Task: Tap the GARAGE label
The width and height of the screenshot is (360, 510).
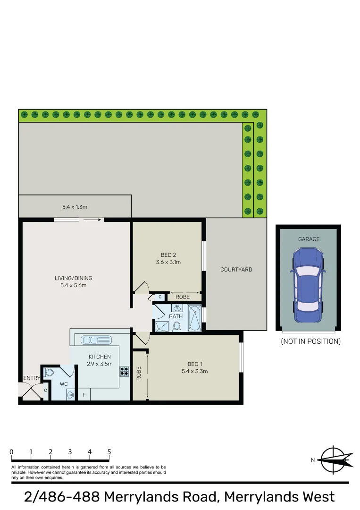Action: click(x=309, y=239)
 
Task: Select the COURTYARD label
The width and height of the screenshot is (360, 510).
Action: click(x=236, y=270)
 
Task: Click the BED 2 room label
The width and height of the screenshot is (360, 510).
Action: click(x=168, y=255)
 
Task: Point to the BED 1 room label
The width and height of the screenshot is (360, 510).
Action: click(x=194, y=364)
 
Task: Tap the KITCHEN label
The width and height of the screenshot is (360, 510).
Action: click(x=100, y=357)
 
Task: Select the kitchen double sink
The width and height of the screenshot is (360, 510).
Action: click(x=96, y=340)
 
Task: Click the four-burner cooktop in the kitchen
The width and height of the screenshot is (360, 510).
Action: click(x=125, y=371)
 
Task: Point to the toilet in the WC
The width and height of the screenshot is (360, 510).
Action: click(x=49, y=372)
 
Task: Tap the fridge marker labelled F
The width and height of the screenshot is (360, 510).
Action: click(x=84, y=395)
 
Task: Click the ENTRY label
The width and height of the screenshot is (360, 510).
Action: click(x=32, y=378)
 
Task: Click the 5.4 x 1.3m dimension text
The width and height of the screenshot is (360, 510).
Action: click(x=75, y=207)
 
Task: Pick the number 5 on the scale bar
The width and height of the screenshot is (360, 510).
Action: click(x=109, y=452)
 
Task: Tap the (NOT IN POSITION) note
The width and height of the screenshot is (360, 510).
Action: click(x=310, y=341)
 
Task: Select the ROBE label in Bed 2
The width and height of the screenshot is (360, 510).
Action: click(x=183, y=297)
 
